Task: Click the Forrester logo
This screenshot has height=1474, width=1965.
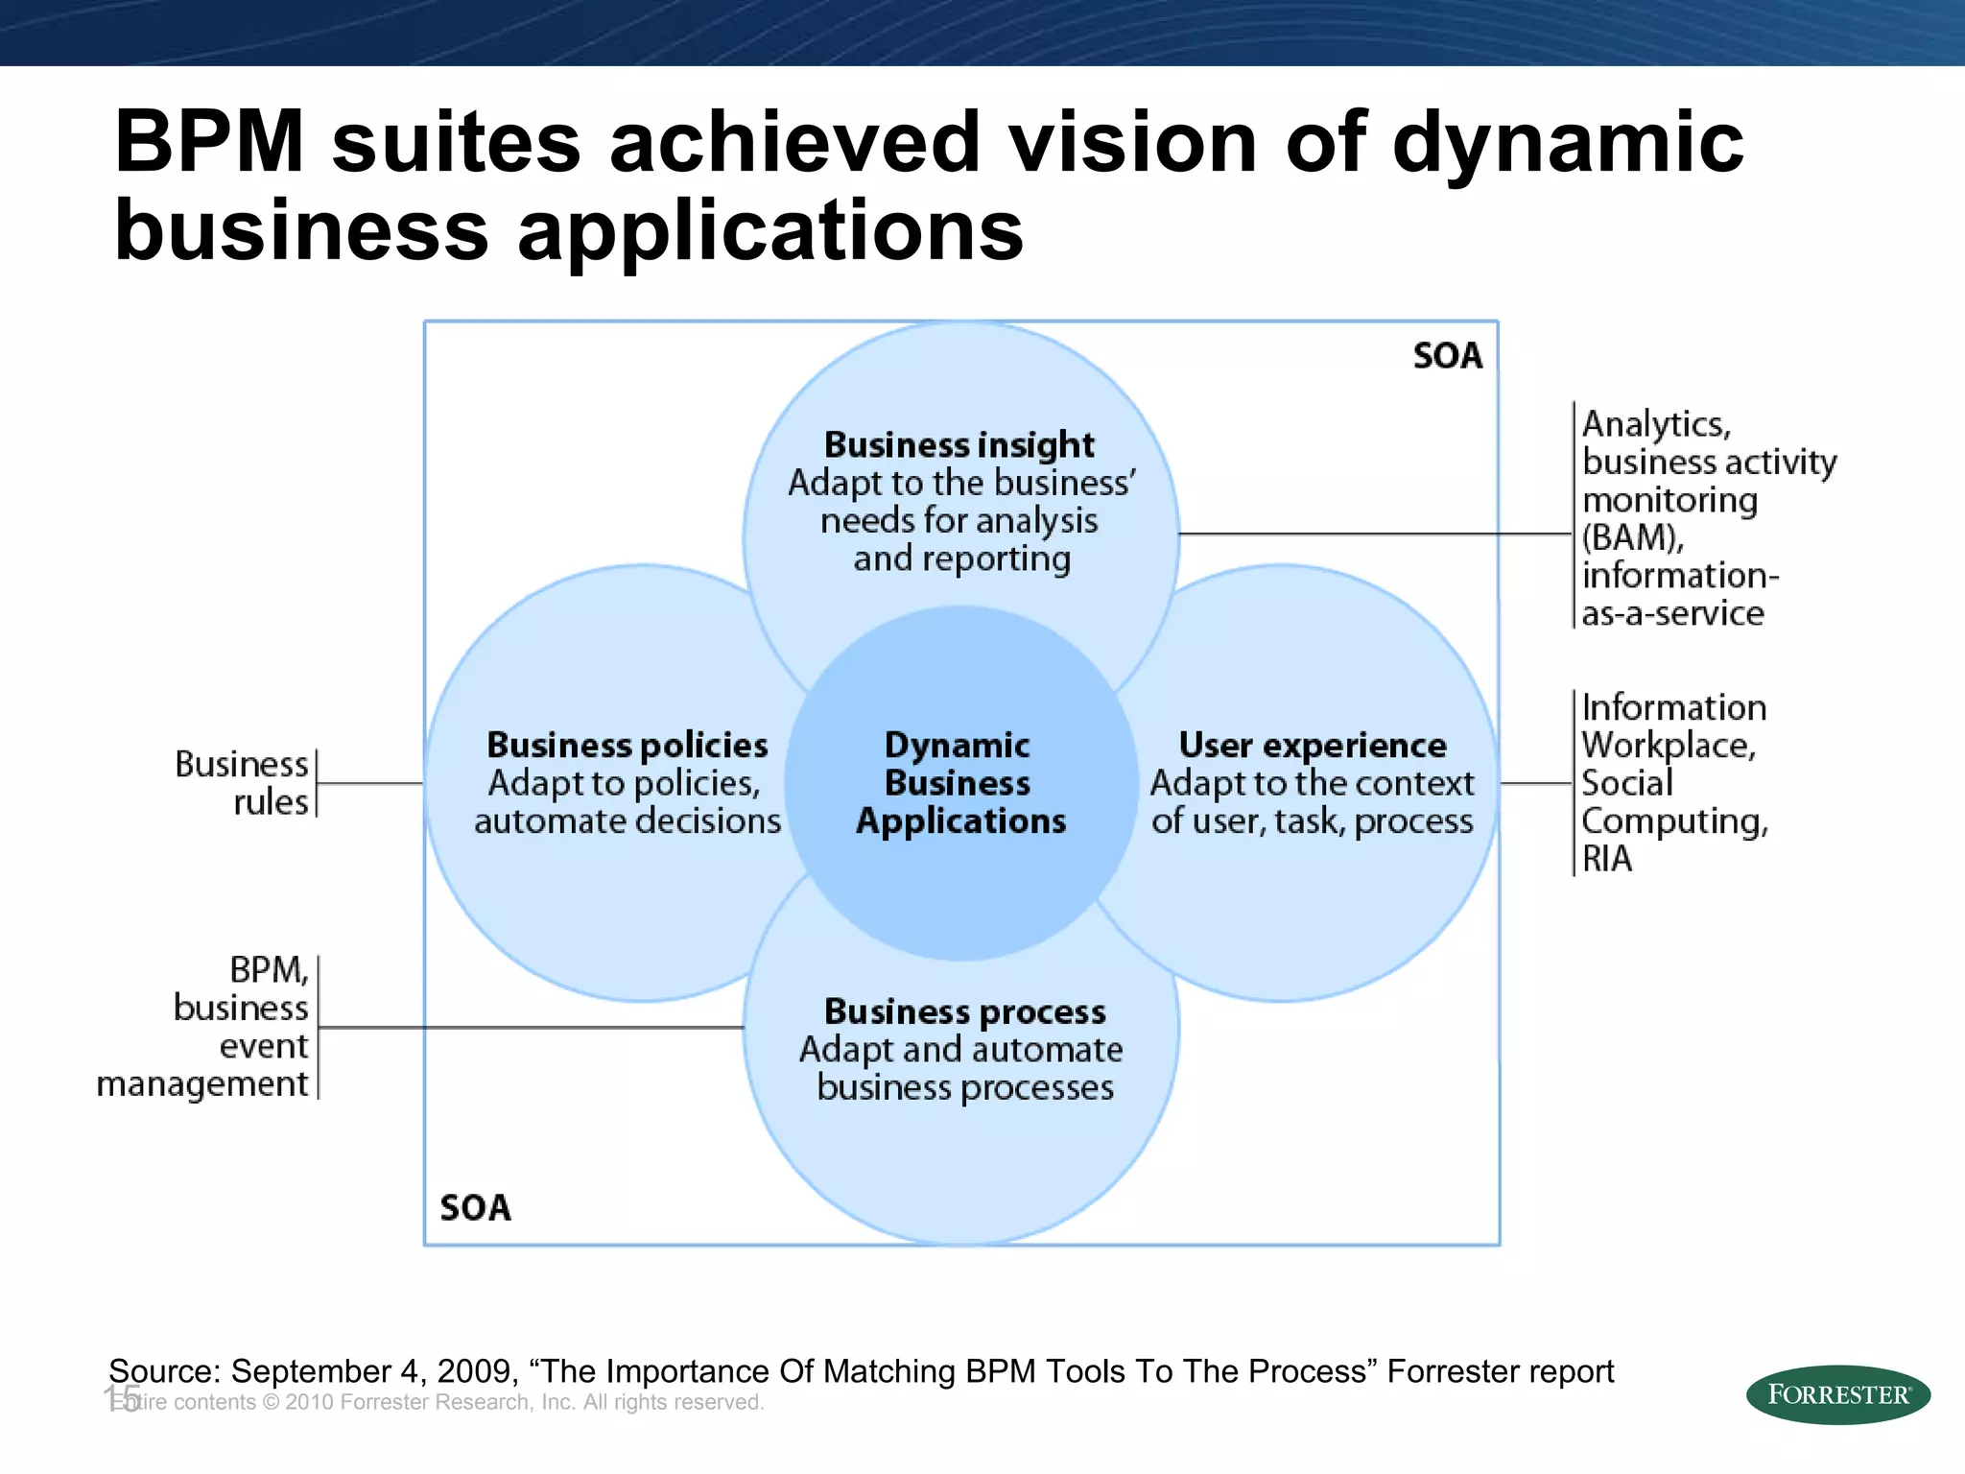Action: coord(1837,1394)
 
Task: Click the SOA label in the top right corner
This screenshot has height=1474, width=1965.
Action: coord(1447,356)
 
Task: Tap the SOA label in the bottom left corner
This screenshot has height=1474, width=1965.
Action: coord(475,1207)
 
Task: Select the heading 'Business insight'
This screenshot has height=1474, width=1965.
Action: coord(959,445)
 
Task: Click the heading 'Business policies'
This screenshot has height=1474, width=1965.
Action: coord(627,746)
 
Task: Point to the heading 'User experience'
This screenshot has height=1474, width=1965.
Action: coord(1312,746)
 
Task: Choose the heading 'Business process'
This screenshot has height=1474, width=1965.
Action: coord(964,1011)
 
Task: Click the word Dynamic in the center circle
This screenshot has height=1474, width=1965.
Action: coord(957,746)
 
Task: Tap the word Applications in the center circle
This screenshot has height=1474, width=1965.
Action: coord(960,821)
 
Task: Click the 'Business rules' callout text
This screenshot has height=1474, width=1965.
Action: coord(243,782)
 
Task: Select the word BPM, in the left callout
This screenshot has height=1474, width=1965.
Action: coord(269,970)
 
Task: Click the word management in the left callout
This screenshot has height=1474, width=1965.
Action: coord(202,1083)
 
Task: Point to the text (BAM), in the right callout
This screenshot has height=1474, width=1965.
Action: coord(1632,537)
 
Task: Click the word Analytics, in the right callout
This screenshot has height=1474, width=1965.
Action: coord(1656,424)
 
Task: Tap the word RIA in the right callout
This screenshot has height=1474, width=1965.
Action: coord(1606,859)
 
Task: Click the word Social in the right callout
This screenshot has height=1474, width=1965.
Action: coord(1626,783)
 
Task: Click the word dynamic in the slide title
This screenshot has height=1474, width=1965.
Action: coord(1567,142)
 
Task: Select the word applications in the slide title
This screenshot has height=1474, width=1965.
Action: coord(770,230)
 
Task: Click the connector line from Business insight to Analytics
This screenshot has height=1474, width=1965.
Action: coord(1372,534)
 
